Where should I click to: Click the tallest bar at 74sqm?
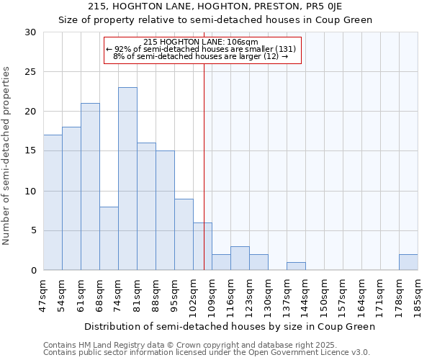tap(127, 179)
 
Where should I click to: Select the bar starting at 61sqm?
tap(90, 186)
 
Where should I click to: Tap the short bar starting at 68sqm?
tap(109, 238)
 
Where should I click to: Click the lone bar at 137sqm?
tap(296, 266)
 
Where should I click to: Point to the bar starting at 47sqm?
tap(53, 202)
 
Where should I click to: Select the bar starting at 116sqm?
tap(240, 258)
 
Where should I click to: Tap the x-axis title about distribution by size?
tap(230, 326)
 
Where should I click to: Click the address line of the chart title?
tap(216, 6)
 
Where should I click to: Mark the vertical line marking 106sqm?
tap(204, 166)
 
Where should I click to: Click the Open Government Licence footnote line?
tap(207, 353)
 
